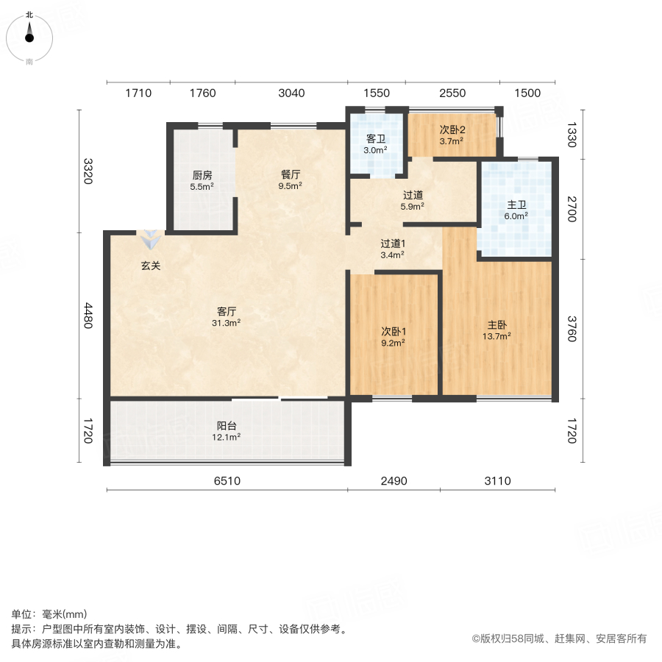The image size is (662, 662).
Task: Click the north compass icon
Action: click(29, 35)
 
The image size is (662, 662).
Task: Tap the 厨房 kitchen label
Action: click(202, 175)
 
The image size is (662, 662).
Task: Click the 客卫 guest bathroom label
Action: click(376, 138)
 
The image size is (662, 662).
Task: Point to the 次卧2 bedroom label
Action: click(452, 130)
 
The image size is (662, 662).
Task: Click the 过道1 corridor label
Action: click(393, 243)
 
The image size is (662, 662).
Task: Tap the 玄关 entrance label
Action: click(151, 266)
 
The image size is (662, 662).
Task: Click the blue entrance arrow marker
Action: click(151, 239)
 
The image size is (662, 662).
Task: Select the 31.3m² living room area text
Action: click(227, 322)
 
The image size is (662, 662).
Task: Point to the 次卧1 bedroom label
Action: click(393, 331)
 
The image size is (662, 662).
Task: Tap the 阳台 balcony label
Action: click(227, 425)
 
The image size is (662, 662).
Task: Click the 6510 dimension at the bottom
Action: click(227, 481)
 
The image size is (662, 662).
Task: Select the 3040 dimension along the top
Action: click(291, 93)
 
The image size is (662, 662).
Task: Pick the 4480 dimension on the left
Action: click(88, 316)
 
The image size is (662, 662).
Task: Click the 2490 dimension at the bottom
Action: click(394, 481)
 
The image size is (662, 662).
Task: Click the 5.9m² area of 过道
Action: click(413, 207)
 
